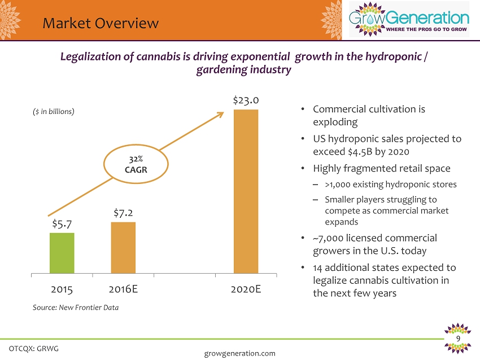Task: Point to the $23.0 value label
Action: [246, 100]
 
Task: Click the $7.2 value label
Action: [123, 213]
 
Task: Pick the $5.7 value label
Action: [62, 223]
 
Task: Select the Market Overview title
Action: [101, 23]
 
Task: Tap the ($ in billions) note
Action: [53, 111]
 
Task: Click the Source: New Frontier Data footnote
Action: [76, 308]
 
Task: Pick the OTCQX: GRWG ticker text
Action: [34, 348]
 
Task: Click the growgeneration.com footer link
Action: [239, 353]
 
